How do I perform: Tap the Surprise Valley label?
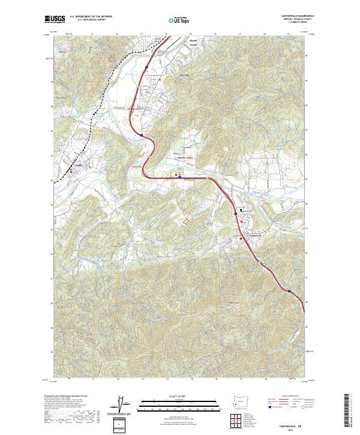pos(194,158)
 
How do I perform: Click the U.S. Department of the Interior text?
pos(91,16)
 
